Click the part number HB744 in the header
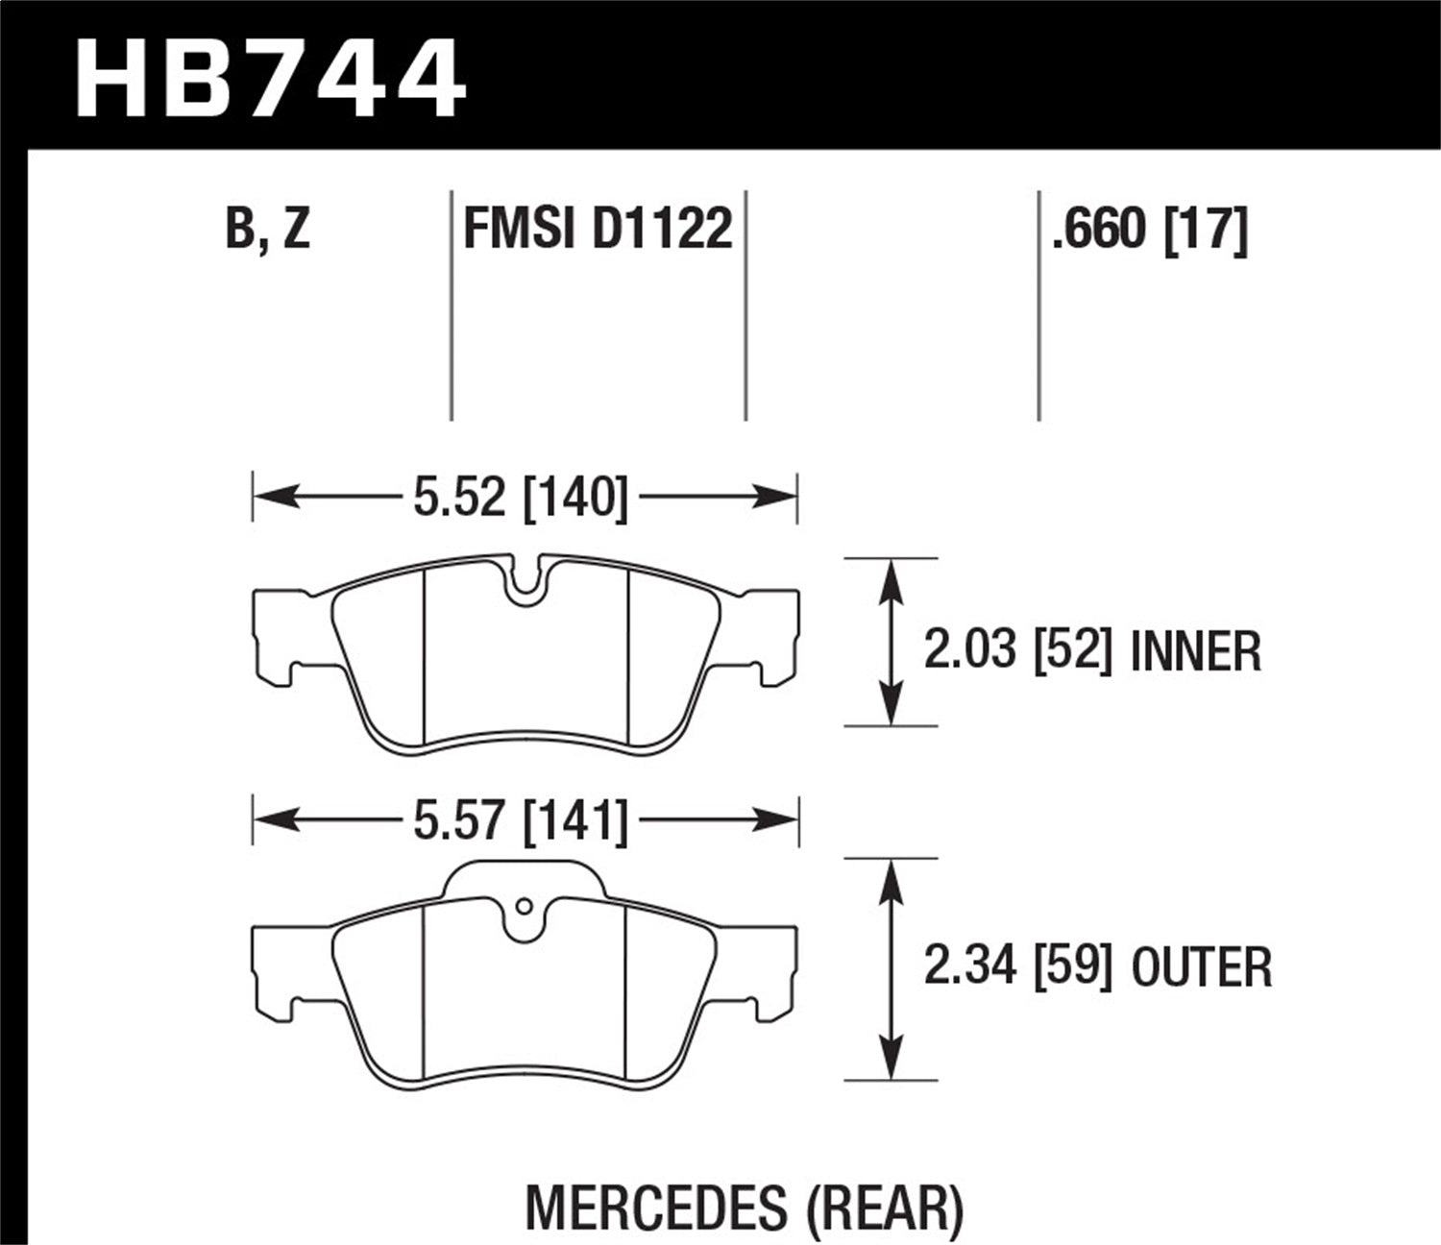click(270, 77)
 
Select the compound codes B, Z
click(268, 229)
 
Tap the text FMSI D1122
click(598, 229)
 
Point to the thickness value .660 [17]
click(1149, 229)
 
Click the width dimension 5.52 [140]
click(520, 498)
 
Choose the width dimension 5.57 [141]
click(520, 821)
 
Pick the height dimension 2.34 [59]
click(1017, 966)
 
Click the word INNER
click(1196, 651)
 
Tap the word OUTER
click(1202, 967)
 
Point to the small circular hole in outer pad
click(524, 906)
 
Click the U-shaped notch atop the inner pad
click(524, 580)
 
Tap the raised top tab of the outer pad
click(524, 876)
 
